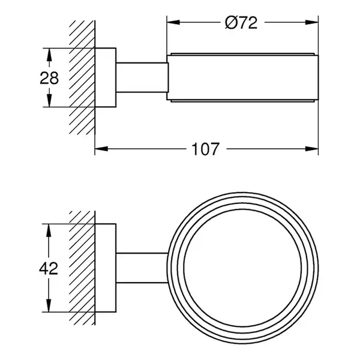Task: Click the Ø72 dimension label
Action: (x=241, y=23)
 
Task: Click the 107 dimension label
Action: (x=205, y=149)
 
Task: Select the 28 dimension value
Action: (x=49, y=78)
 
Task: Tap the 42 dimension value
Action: (x=49, y=268)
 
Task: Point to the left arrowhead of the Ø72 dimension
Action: (x=173, y=22)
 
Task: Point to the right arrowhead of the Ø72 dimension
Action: (x=312, y=22)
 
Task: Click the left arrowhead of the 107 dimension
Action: (x=101, y=149)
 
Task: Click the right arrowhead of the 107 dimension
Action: (x=312, y=149)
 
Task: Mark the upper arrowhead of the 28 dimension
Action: (x=49, y=55)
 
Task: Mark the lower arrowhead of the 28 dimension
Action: (x=49, y=101)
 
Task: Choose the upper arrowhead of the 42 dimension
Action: (x=48, y=230)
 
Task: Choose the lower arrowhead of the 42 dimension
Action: (x=48, y=305)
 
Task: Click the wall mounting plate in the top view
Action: (x=106, y=77)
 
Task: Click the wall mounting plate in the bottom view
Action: (x=106, y=268)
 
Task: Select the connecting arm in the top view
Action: (x=142, y=77)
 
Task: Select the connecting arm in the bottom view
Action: (x=142, y=268)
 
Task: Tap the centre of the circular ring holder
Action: (x=242, y=268)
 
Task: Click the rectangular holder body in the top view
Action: (x=242, y=77)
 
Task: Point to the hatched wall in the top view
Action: (x=82, y=77)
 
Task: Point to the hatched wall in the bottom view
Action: (x=82, y=268)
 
